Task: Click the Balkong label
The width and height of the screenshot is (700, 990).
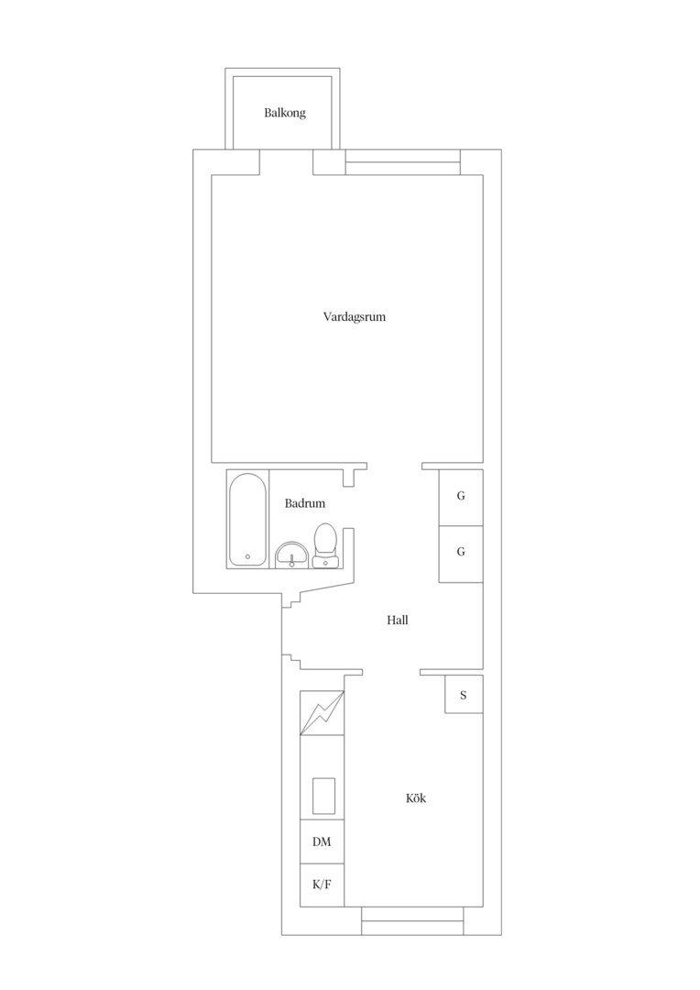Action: click(285, 114)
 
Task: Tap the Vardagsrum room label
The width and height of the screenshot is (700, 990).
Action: click(354, 317)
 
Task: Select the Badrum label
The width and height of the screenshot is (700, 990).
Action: click(305, 503)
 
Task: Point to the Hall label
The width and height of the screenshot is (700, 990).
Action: click(398, 620)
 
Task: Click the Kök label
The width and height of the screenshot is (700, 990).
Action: click(416, 798)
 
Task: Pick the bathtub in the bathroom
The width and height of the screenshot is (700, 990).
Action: click(247, 520)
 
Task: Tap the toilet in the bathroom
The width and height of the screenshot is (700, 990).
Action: click(325, 545)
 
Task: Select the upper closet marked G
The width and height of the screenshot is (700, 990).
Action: click(461, 497)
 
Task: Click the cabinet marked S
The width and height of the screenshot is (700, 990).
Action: click(464, 695)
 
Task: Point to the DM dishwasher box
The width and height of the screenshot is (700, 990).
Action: click(322, 841)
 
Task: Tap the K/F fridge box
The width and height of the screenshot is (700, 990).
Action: click(322, 885)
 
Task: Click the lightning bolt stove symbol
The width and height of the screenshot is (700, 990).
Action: click(323, 713)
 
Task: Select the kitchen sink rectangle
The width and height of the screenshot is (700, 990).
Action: click(323, 797)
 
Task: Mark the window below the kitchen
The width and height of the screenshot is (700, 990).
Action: click(413, 920)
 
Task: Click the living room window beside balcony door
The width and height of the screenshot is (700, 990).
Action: click(403, 162)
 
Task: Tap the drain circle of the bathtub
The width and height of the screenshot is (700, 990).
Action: click(247, 557)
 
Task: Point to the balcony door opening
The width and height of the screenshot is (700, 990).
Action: click(287, 162)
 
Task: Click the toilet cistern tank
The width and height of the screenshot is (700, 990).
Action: click(325, 561)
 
